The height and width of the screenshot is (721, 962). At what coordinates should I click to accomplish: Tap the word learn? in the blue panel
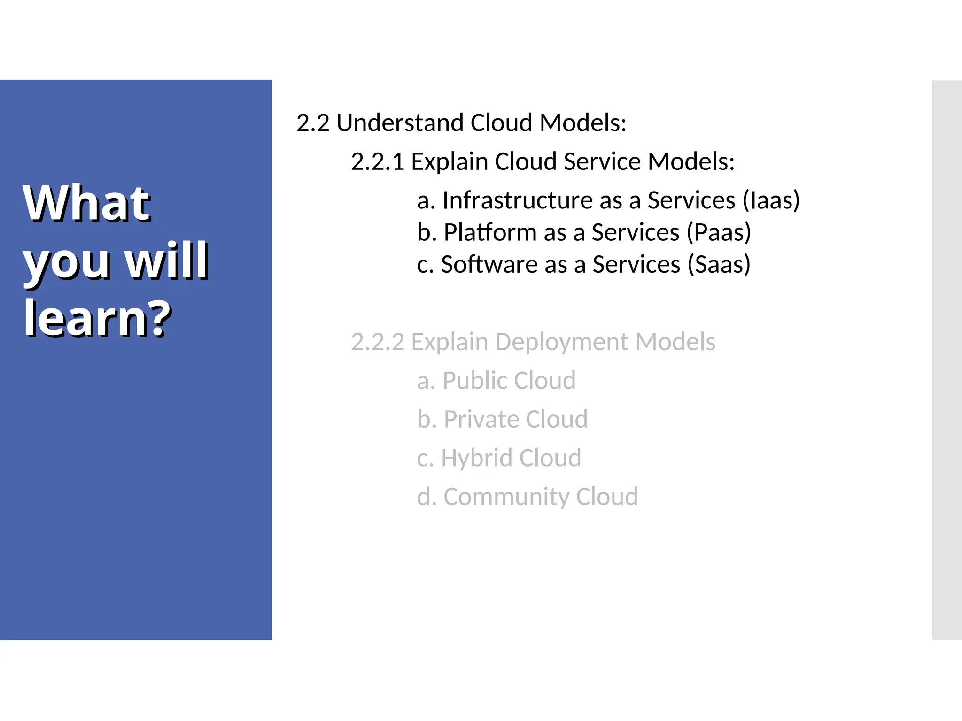[x=97, y=318]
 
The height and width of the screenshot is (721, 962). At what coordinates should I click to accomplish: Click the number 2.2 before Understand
[x=313, y=123]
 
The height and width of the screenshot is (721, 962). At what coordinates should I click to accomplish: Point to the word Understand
[x=401, y=123]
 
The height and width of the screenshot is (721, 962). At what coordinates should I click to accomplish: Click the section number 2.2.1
[x=377, y=162]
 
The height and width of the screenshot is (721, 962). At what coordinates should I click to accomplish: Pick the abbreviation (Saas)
[x=719, y=264]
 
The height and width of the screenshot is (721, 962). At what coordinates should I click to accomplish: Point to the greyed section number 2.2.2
[x=377, y=342]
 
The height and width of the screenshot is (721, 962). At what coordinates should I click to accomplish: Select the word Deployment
[x=561, y=342]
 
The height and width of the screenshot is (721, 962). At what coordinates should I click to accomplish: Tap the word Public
[x=475, y=381]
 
